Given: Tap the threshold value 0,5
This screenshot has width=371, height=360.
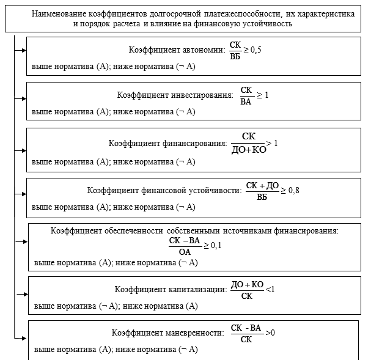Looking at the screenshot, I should click(x=255, y=50).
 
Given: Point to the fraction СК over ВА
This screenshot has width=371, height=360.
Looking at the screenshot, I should click(x=246, y=95).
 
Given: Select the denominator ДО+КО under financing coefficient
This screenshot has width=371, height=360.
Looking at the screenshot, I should click(x=248, y=149).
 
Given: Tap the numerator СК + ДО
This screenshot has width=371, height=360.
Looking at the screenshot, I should click(x=262, y=185).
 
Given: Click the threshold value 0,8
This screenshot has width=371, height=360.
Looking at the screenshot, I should click(x=293, y=191).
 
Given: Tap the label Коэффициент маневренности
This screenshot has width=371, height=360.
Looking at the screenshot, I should click(x=165, y=334).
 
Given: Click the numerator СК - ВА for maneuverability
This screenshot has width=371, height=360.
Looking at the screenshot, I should click(x=246, y=328).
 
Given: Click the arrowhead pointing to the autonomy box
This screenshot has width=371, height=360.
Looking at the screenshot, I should click(x=24, y=48).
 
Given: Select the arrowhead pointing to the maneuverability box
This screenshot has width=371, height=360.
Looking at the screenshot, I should click(x=25, y=337).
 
